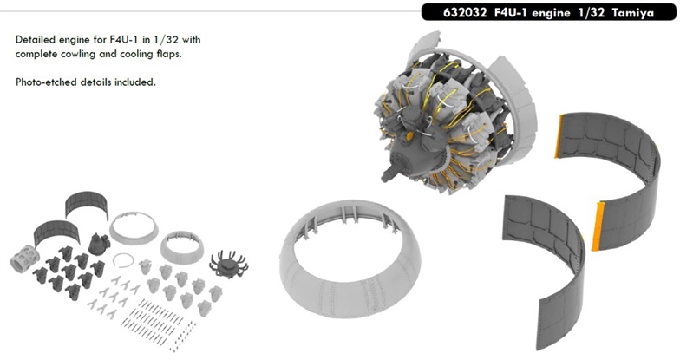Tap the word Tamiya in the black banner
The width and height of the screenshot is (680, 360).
(x=633, y=13)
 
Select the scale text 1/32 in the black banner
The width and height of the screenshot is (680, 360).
(x=591, y=13)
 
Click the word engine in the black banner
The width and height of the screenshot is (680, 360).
(x=551, y=14)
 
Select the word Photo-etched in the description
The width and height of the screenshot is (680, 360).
(x=46, y=82)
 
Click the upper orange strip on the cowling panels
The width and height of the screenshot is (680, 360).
(x=559, y=136)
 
